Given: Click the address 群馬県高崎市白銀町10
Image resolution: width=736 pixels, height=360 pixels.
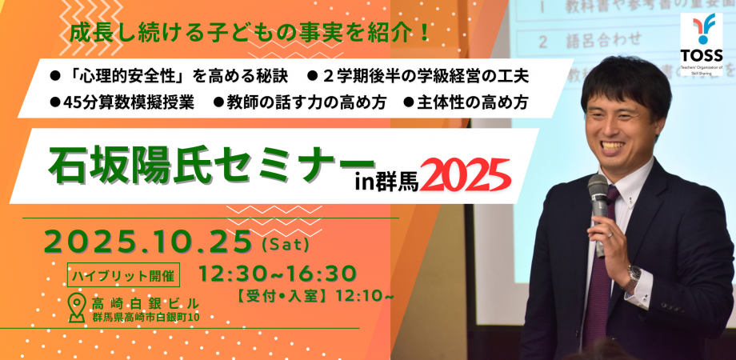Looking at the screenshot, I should tap(144, 318).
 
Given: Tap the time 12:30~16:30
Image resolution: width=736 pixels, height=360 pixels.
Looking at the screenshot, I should tap(277, 273).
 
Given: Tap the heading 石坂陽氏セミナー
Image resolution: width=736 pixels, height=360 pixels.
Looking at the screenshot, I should tap(200, 164).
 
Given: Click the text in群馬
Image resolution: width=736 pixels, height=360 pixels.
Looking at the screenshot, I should tap(385, 178).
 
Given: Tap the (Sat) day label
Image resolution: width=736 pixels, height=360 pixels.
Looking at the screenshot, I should tap(285, 241).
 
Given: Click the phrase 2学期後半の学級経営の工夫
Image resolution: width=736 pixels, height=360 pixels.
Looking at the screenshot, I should tap(425, 76).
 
